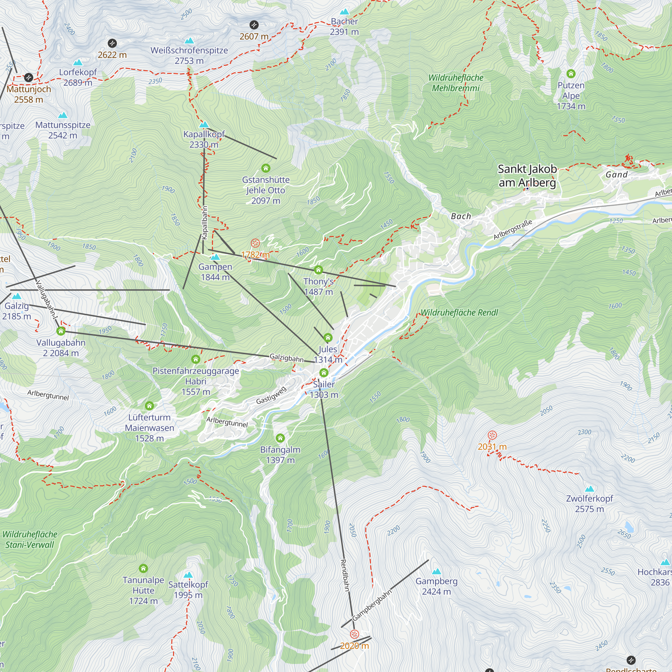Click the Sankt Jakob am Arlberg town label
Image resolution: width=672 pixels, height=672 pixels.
(x=527, y=176)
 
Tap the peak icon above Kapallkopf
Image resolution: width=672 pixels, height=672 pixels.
(x=204, y=125)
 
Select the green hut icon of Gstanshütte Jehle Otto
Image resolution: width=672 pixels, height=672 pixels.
(x=266, y=168)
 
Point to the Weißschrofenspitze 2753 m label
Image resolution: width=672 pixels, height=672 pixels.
(x=189, y=55)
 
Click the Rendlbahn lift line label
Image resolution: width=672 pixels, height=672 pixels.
(x=344, y=575)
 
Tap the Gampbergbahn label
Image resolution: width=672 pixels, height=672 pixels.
(x=372, y=605)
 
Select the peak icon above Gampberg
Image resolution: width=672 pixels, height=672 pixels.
(x=436, y=571)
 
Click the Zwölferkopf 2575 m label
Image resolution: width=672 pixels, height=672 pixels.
(x=589, y=504)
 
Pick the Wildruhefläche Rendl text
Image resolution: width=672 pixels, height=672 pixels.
(x=459, y=312)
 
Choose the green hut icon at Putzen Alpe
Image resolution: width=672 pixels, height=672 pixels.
(x=571, y=74)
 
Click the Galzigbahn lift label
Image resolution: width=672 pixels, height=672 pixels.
(x=287, y=358)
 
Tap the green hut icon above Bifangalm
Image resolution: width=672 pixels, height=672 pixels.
(x=280, y=438)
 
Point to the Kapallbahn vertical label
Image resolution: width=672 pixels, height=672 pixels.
(x=205, y=223)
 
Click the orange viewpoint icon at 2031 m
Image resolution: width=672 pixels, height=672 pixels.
(x=492, y=435)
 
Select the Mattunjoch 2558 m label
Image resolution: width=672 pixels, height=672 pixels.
(x=29, y=94)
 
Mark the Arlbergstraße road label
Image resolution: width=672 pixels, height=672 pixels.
(x=513, y=229)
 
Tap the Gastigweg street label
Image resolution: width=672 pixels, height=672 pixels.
(x=271, y=395)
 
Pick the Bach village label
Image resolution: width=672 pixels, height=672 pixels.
(x=461, y=216)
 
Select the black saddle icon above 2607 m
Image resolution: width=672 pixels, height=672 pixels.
(x=254, y=25)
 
